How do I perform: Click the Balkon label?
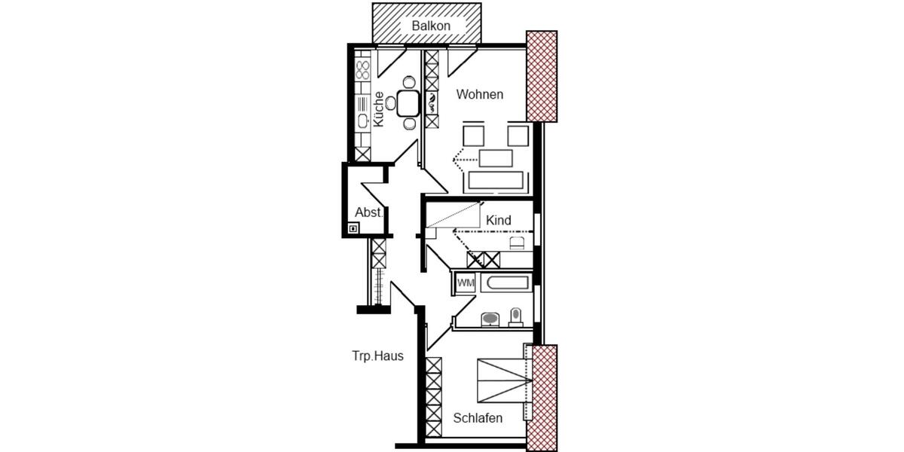pos(431,26)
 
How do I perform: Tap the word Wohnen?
pos(480,95)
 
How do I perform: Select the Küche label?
pos(379,109)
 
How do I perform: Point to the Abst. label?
pos(369,212)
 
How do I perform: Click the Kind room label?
pos(499,220)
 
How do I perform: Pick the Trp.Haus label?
pos(377,356)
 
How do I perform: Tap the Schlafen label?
pos(478,418)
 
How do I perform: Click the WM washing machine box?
pos(466,283)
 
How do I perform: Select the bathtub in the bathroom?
pos(507,284)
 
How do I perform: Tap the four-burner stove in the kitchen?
pos(362,70)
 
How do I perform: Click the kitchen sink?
pos(362,120)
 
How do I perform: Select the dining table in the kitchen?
pos(408,102)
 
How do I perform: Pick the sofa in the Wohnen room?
pos(495,181)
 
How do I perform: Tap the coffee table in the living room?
pos(495,158)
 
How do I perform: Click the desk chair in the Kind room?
pos(517,242)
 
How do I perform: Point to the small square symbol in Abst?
pos(353,228)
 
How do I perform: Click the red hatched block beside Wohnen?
pos(541,76)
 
